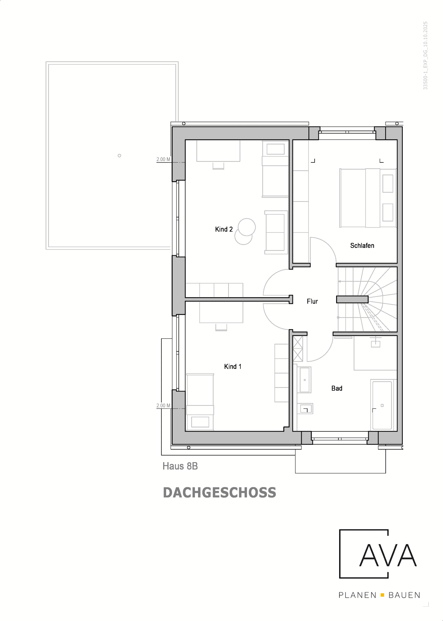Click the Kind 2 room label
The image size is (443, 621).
pos(224,229)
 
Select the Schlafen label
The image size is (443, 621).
pos(362,245)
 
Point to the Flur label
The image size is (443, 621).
pos(312,301)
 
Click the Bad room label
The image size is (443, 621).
pos(337,388)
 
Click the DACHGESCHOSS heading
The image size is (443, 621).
pos(219,493)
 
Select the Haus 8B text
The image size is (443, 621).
pos(180,466)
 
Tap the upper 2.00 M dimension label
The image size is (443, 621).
pos(163,159)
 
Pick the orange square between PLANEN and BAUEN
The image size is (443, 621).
pos(382,595)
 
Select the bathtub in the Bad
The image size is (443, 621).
pos(382,405)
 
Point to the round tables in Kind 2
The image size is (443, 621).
pos(245,231)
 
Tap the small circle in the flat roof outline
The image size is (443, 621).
pos(119,155)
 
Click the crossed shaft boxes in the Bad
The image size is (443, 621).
pos(298,349)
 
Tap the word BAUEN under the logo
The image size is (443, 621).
pos(404,595)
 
